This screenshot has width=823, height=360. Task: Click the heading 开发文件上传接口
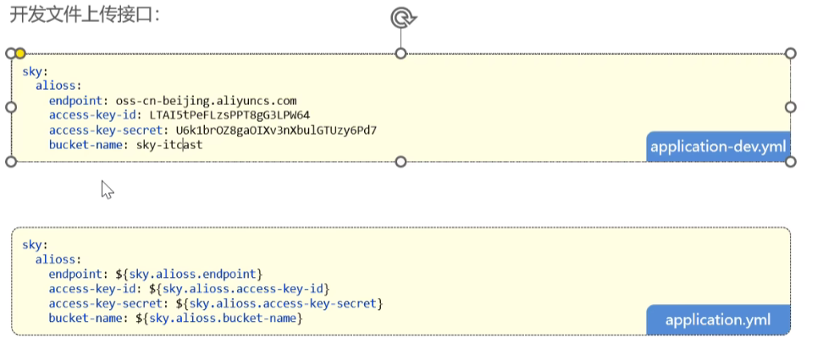coord(84,14)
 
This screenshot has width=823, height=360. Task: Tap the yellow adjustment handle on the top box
coord(20,53)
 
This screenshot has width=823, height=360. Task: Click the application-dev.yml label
coord(718,147)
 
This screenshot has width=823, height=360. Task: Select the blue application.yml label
coord(718,320)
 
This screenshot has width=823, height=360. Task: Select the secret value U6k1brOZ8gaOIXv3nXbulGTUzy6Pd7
coord(276,130)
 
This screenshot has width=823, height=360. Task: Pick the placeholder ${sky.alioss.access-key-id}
coord(240,289)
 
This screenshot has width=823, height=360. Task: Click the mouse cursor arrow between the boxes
coord(106,188)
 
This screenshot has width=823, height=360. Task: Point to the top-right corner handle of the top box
coord(791,53)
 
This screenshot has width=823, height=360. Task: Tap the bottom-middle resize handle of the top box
coord(401,161)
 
